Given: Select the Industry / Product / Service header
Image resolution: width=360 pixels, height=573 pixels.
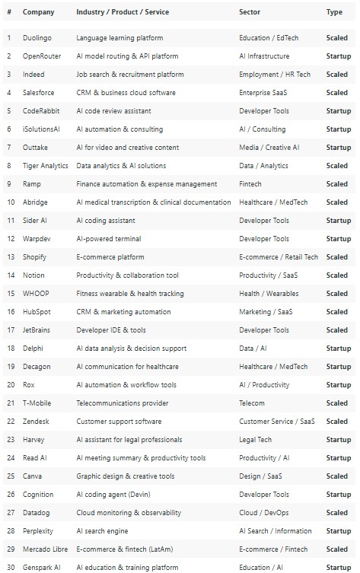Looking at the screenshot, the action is point(123,12).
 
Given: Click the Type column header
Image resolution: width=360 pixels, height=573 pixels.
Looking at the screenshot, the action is point(334,12).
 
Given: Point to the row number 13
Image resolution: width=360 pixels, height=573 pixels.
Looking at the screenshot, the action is point(9,256).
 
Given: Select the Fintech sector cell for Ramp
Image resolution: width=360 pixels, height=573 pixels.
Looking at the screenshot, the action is point(250,183).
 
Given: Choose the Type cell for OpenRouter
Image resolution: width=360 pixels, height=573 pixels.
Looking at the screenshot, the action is point(338,56).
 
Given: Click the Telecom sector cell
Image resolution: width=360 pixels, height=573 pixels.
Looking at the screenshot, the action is point(252,403).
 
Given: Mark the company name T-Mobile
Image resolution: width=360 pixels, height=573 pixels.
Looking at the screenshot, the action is point(38,403).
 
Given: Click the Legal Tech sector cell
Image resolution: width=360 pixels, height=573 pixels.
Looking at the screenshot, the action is point(256,439).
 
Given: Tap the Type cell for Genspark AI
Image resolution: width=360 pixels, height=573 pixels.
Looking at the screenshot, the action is point(338,567).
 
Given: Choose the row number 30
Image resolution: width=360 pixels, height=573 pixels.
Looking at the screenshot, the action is point(9,567).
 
